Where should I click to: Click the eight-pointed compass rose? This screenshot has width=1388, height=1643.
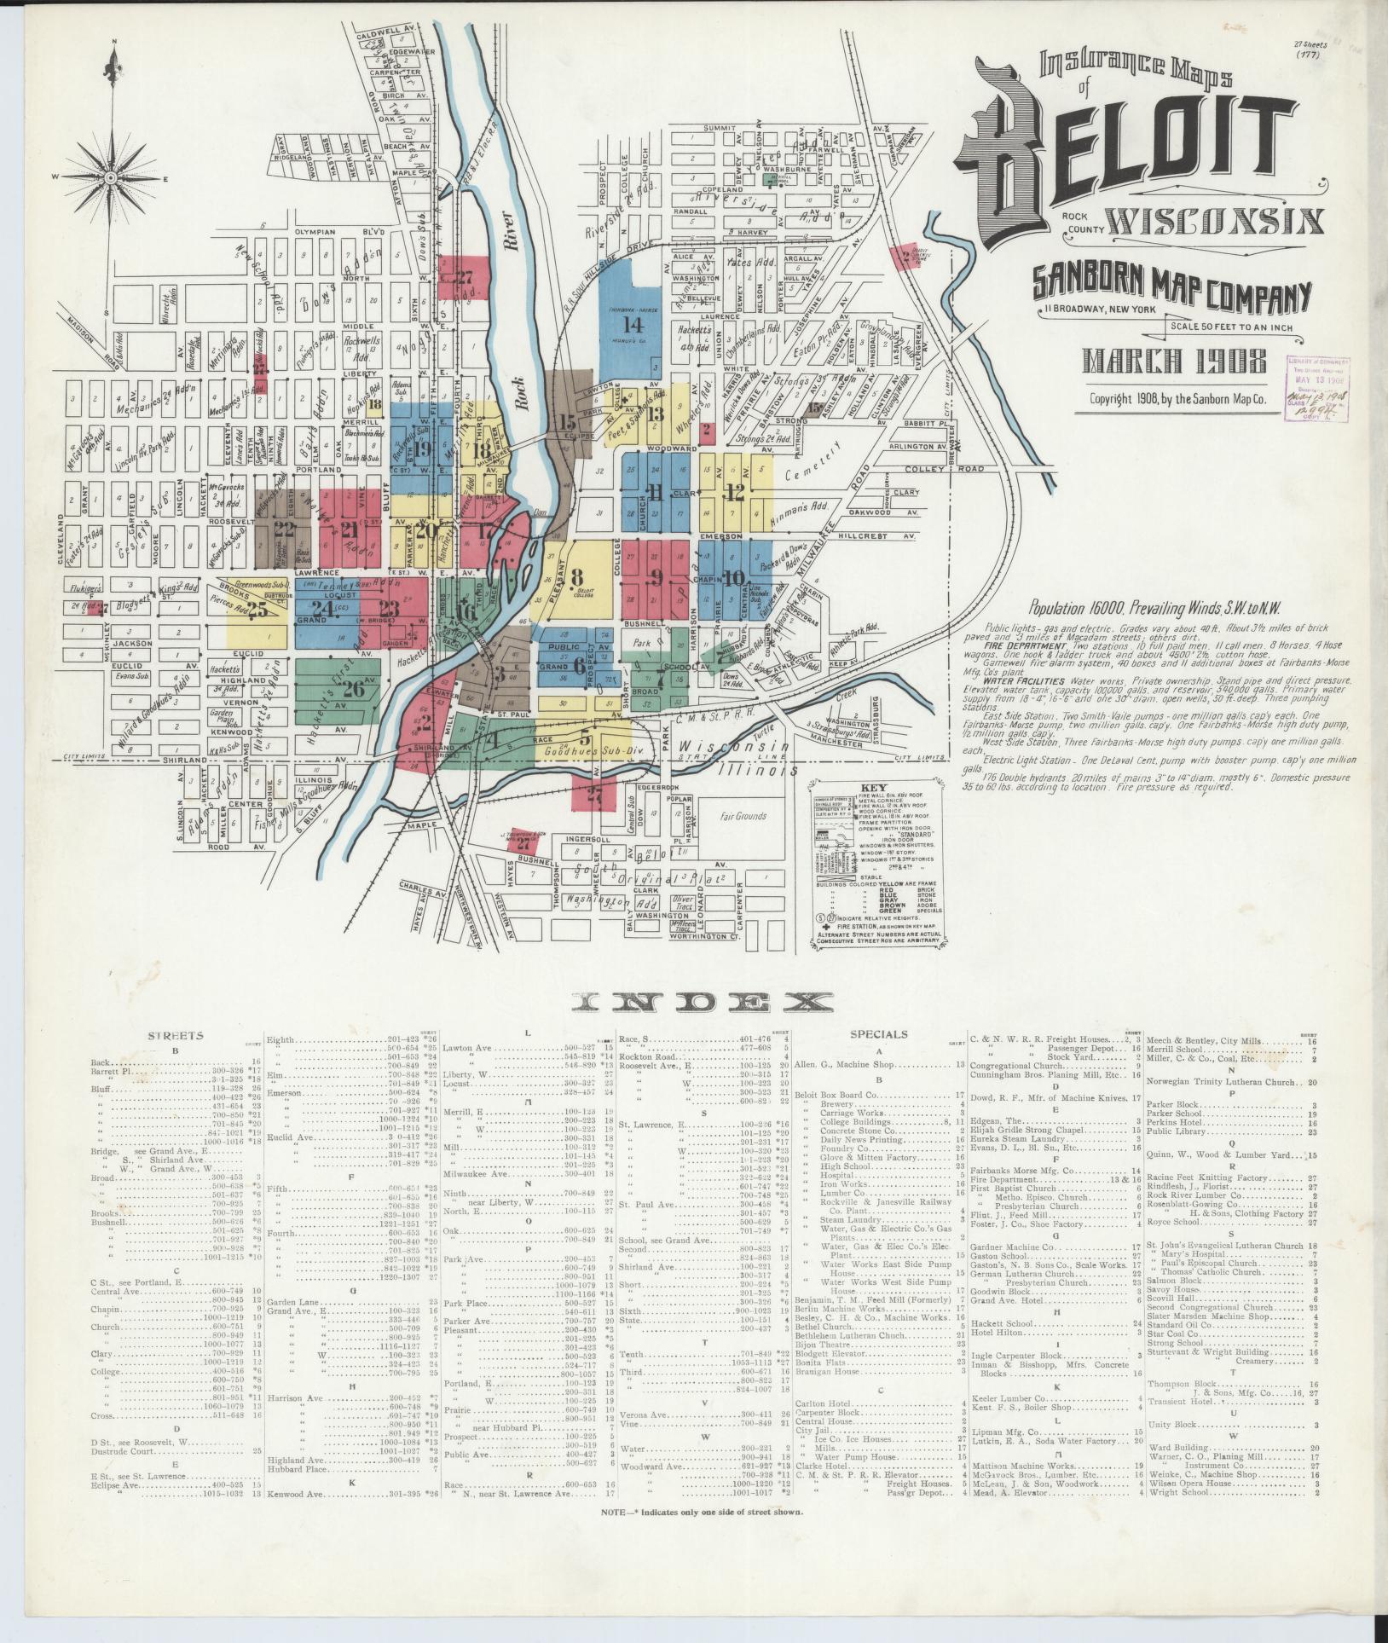tap(112, 177)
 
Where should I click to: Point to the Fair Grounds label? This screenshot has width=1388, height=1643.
tap(743, 816)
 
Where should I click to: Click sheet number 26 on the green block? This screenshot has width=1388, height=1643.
tap(354, 690)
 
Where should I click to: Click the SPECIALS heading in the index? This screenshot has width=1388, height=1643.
tap(877, 1034)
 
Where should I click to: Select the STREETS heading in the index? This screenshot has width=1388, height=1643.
tap(176, 1035)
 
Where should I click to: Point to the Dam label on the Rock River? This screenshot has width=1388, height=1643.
tap(537, 513)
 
